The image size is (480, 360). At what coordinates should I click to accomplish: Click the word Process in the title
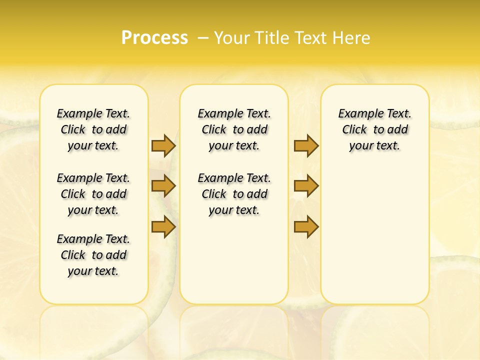(154, 38)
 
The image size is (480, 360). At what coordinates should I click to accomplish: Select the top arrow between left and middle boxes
(163, 145)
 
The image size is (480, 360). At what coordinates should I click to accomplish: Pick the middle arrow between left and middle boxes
(163, 186)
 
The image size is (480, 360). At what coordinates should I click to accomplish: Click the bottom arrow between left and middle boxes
(163, 227)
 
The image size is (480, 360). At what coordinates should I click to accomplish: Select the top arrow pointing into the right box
(306, 145)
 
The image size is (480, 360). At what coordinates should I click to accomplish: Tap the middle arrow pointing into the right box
(306, 186)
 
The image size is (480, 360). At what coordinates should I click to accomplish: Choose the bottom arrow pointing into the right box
(306, 227)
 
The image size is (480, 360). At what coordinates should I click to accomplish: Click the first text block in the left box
(93, 129)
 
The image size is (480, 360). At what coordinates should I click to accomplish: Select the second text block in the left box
(93, 194)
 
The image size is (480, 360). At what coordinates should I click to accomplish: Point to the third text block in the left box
(93, 255)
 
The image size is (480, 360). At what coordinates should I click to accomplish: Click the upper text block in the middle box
(234, 129)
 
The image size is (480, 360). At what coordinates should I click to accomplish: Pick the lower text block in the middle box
(234, 194)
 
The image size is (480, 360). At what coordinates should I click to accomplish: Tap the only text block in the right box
(375, 129)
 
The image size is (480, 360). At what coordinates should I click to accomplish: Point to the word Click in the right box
(354, 130)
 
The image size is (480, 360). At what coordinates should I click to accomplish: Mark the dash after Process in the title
(203, 38)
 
